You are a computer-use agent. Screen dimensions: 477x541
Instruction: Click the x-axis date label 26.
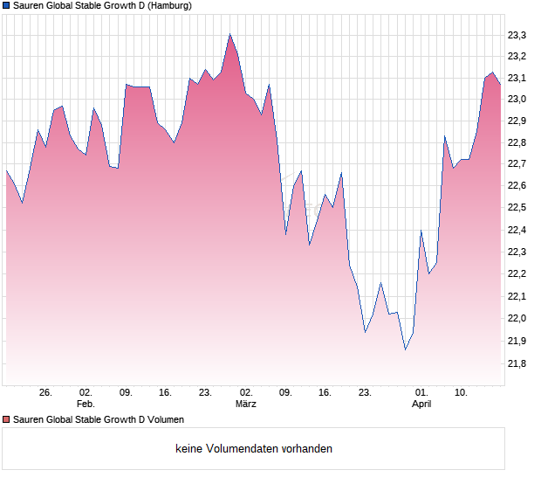[x=46, y=392]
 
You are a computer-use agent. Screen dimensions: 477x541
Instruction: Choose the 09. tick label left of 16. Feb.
[x=126, y=392]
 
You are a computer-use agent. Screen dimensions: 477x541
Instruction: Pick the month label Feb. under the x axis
[x=86, y=404]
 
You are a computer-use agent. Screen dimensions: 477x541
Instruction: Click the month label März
[x=246, y=404]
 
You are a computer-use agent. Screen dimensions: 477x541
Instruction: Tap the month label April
[x=421, y=404]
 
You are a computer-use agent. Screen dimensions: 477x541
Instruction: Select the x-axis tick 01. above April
[x=421, y=392]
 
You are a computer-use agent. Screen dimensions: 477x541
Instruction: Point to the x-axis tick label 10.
[x=462, y=392]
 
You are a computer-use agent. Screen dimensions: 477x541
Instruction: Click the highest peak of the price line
[x=229, y=34]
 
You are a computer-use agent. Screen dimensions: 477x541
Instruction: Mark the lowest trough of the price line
[x=405, y=349]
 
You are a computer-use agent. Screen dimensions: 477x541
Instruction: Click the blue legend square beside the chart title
[x=6, y=6]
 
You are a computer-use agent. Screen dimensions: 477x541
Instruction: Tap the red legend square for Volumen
[x=6, y=420]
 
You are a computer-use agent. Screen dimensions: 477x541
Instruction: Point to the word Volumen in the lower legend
[x=163, y=420]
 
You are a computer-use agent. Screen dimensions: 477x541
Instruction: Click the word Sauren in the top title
[x=29, y=6]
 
